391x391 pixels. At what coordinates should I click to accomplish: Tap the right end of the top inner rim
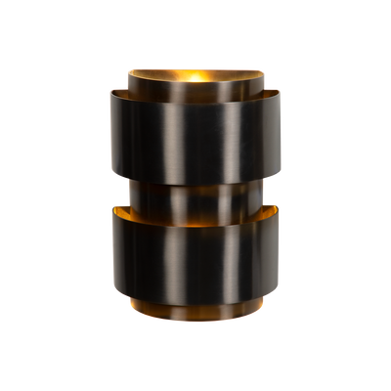(264, 72)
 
